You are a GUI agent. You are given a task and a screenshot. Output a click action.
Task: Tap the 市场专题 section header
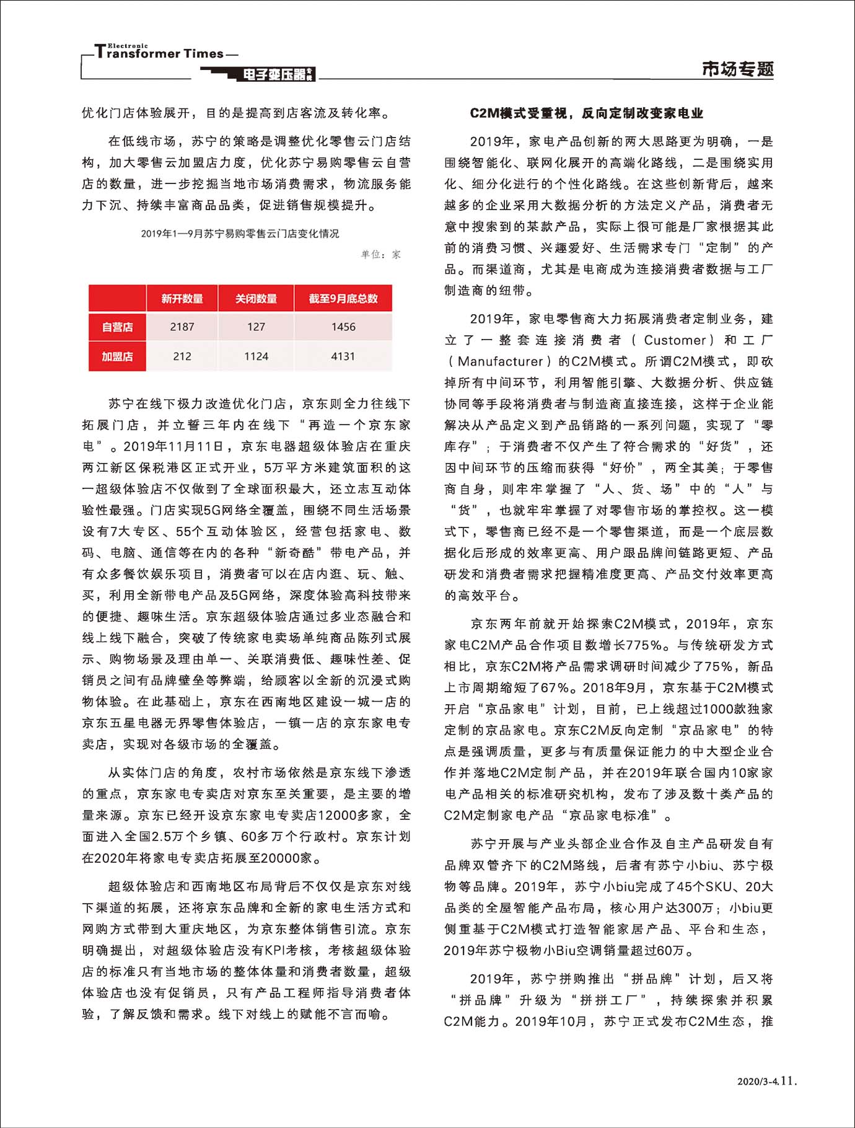click(x=737, y=69)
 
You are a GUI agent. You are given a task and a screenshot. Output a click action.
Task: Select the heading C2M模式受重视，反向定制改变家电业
click(x=586, y=113)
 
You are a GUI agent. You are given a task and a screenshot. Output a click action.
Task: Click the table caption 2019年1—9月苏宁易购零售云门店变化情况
click(x=240, y=234)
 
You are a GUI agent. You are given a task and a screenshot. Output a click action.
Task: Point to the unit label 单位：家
click(x=381, y=254)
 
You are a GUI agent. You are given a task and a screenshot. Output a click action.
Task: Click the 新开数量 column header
click(x=182, y=299)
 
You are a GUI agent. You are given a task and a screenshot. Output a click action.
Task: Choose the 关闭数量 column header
click(x=256, y=299)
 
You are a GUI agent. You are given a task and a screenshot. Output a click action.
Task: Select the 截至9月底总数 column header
click(x=343, y=299)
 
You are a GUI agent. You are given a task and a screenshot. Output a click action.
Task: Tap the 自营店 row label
click(x=117, y=327)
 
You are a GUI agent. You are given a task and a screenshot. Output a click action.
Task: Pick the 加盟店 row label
click(x=117, y=356)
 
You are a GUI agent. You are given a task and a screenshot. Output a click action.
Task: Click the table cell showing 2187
click(x=182, y=327)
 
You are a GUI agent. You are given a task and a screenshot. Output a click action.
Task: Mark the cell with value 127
click(x=256, y=327)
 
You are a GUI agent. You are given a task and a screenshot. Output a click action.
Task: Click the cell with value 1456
click(x=343, y=327)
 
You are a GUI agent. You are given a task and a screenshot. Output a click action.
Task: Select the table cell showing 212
click(x=182, y=356)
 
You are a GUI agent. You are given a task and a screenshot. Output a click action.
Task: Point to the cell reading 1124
click(x=256, y=356)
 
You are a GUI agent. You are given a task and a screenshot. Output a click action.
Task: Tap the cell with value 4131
click(x=343, y=356)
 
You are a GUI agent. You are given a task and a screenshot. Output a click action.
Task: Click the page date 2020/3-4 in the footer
click(x=757, y=1082)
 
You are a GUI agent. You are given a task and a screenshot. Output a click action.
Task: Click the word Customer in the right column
click(x=675, y=340)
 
